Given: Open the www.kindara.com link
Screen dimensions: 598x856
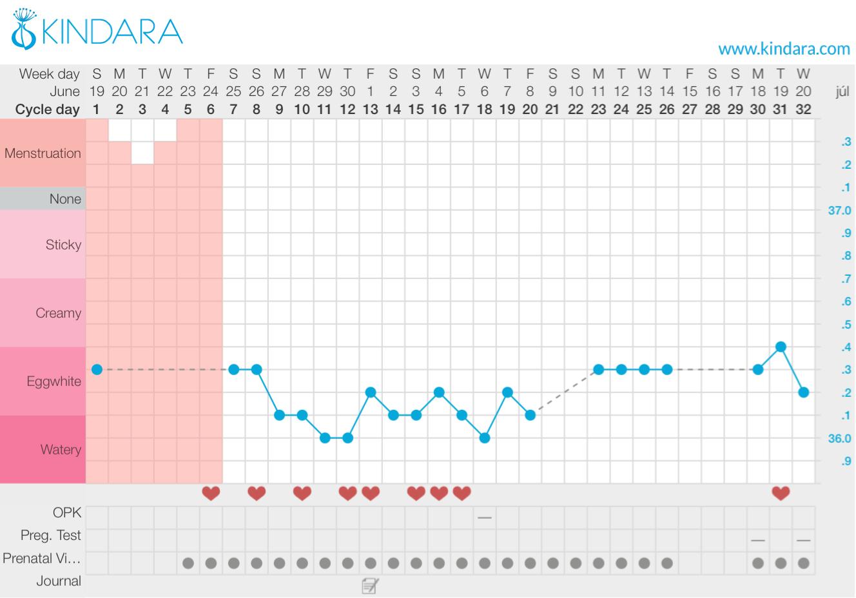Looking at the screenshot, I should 784,48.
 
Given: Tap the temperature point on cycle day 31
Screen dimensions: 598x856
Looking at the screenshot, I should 781,347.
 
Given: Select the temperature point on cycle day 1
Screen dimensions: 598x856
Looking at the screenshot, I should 97,369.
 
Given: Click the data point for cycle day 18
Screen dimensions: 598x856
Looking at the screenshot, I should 485,438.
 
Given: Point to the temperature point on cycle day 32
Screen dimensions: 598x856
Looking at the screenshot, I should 803,392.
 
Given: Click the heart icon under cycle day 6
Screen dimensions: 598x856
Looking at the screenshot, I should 211,494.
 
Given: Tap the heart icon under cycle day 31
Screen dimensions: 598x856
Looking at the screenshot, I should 781,494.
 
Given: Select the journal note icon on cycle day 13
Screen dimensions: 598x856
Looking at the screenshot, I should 370,585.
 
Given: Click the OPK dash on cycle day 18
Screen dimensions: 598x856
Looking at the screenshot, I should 485,517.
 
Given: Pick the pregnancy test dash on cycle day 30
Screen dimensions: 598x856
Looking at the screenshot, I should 758,540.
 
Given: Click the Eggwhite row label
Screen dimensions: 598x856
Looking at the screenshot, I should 54,381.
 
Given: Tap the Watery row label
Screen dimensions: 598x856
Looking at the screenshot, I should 61,450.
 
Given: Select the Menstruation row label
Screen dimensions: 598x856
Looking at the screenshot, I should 43,153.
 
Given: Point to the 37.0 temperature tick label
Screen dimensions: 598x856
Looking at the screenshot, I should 839,211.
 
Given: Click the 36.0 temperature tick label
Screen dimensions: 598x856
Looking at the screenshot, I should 839,438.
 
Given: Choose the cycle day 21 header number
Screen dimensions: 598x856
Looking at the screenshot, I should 552,110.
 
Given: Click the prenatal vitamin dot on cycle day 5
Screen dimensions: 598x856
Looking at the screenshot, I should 188,563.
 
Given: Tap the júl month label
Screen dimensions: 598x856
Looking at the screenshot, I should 842,92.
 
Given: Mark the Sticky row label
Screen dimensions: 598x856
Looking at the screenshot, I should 63,245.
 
